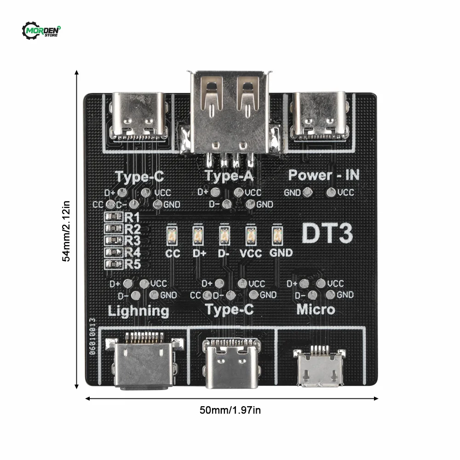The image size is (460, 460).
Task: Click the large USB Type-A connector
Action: pos(230,115)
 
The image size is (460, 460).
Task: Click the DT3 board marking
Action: pos(327,234)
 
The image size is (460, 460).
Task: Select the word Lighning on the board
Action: pos(138,311)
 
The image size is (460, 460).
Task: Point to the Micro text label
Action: pos(316,309)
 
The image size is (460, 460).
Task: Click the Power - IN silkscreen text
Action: pos(324,175)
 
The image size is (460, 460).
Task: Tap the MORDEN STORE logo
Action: pos(42,31)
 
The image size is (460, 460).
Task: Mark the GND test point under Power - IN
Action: pos(308,192)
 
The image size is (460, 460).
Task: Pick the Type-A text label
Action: pos(229,176)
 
